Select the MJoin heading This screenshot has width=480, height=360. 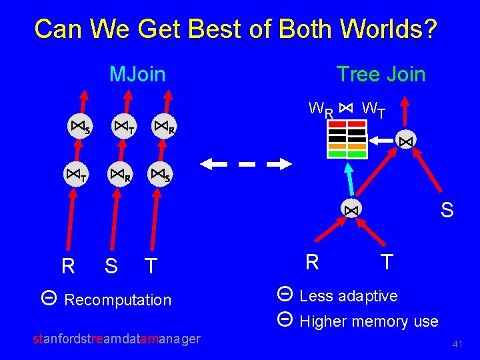[137, 74]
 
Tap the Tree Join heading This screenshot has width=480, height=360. [381, 74]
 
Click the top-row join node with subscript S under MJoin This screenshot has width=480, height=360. [79, 126]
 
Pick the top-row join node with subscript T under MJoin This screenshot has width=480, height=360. [123, 126]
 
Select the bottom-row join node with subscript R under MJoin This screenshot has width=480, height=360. [120, 176]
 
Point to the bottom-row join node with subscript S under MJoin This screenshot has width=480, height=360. [160, 176]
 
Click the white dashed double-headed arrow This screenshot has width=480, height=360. [247, 163]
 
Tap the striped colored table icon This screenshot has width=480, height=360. [347, 139]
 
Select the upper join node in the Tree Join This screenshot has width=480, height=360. [405, 141]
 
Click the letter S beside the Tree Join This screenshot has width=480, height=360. [447, 211]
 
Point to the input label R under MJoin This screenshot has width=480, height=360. [68, 267]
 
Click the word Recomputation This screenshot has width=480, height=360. [118, 300]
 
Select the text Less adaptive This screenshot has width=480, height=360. [349, 296]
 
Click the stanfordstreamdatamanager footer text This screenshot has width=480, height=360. [117, 339]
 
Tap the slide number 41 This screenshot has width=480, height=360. [457, 344]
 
